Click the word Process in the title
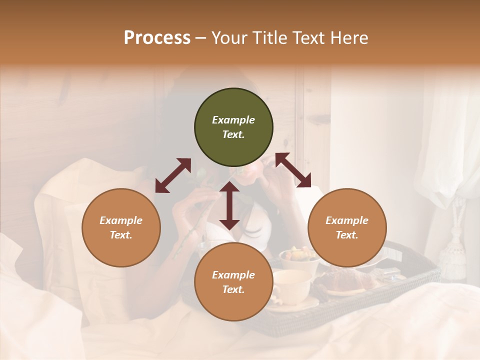click(157, 38)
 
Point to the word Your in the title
click(229, 38)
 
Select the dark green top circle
click(233, 127)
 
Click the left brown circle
click(121, 228)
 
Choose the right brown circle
click(347, 228)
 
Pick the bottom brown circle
click(233, 282)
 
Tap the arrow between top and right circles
click(293, 170)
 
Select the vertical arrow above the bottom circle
click(229, 205)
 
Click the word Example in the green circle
click(233, 120)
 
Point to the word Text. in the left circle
click(121, 235)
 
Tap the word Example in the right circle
click(347, 220)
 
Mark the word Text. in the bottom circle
click(233, 290)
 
